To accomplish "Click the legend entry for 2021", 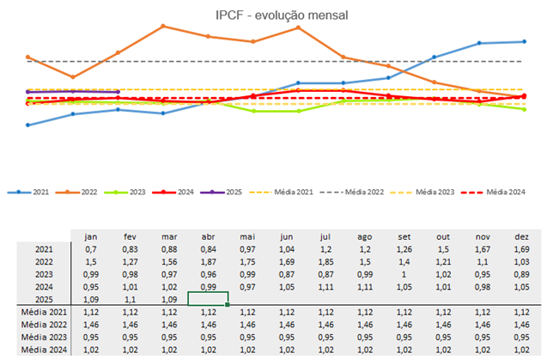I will click(31, 192).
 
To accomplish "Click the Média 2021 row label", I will click(44, 313).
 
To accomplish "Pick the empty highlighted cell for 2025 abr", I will click(207, 300).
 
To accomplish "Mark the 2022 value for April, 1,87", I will click(207, 261).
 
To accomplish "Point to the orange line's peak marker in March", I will click(163, 26).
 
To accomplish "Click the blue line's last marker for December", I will click(524, 40).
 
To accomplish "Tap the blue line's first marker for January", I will click(28, 125).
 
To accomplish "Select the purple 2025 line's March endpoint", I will click(118, 91).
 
